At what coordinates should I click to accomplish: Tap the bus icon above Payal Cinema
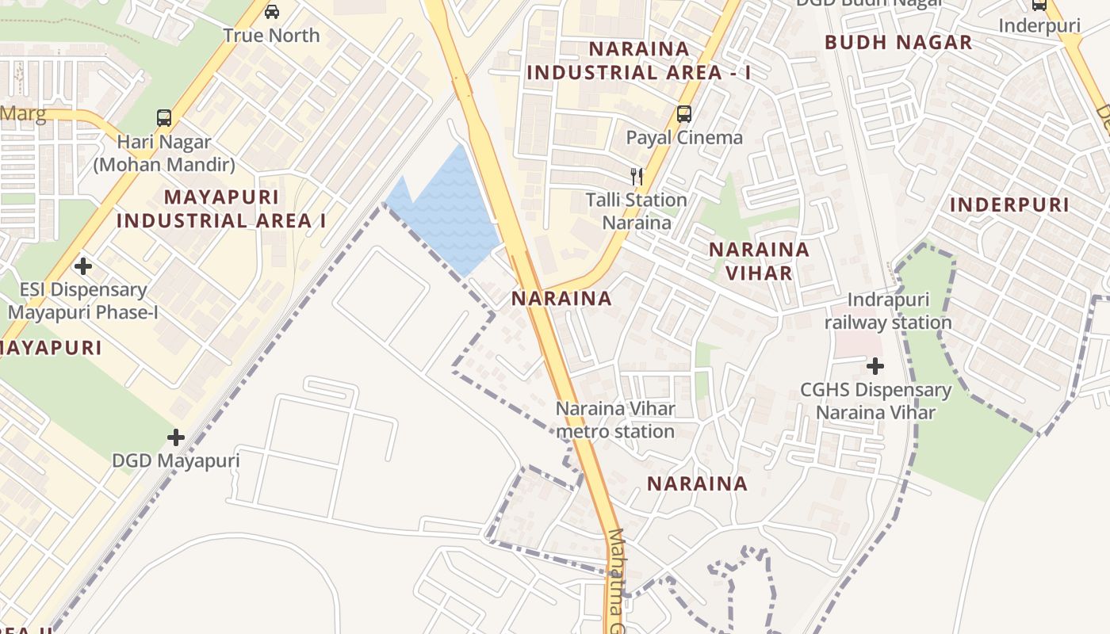[684, 114]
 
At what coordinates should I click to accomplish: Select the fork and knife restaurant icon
[636, 176]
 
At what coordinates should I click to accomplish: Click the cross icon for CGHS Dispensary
[875, 366]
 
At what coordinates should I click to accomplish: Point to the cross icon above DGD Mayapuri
[176, 437]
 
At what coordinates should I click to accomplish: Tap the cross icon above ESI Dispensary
[83, 266]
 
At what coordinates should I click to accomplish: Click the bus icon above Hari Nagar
[164, 118]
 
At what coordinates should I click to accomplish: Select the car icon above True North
[272, 12]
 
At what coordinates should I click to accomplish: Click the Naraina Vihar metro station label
[615, 421]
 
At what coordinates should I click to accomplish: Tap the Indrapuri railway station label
[888, 311]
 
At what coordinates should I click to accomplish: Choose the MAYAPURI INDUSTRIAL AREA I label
[221, 208]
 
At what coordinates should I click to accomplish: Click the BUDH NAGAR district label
[898, 43]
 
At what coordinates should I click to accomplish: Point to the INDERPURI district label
[1009, 204]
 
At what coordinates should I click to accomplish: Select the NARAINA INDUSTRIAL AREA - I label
[639, 61]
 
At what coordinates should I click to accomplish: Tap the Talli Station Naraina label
[637, 211]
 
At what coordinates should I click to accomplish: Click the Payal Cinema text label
[684, 138]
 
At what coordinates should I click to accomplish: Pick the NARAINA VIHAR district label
[759, 262]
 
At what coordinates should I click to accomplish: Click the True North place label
[271, 36]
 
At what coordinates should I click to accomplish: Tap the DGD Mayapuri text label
[175, 460]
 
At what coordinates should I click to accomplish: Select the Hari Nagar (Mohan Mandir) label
[164, 154]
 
